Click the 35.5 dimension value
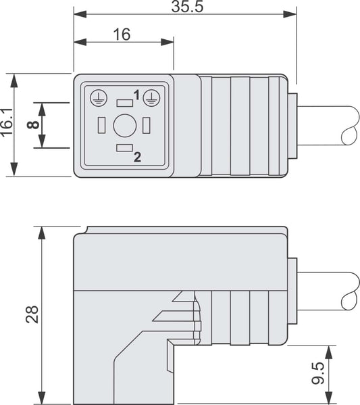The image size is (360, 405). click(187, 7)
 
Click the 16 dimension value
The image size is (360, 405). click(122, 34)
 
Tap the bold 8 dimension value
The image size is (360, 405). click(33, 125)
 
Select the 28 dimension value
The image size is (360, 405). click(32, 314)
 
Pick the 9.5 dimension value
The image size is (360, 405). click(317, 373)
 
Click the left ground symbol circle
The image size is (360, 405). click(99, 98)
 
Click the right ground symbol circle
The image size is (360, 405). click(152, 98)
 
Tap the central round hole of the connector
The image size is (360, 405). click(125, 126)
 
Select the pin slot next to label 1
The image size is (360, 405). click(125, 103)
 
